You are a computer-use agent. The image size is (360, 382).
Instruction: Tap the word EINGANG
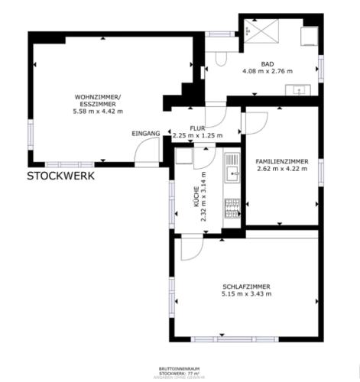[145, 134]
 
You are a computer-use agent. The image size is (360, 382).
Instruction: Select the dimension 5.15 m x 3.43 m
[246, 294]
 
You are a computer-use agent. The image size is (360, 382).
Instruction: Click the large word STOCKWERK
[61, 176]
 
